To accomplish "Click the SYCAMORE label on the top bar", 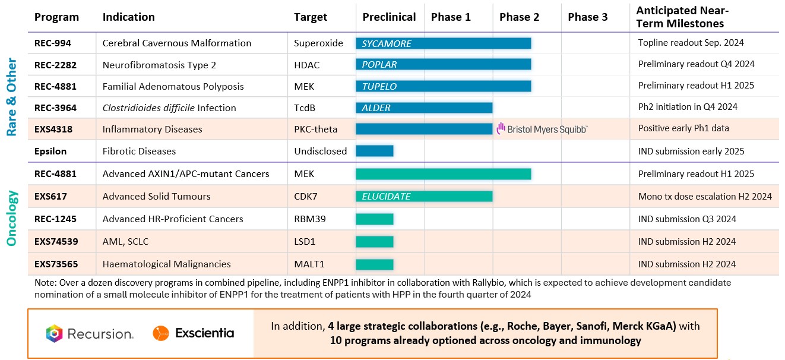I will [x=387, y=43].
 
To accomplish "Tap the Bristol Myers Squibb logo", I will [x=542, y=129].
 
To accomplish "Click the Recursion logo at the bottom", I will [x=90, y=334].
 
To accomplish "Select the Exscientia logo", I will [x=194, y=333].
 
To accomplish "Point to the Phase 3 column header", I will [x=587, y=17].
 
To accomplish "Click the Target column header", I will [x=311, y=17].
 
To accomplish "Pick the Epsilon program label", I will [x=50, y=151].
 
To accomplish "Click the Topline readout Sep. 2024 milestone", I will [x=691, y=43].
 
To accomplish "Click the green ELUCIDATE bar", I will [x=424, y=196].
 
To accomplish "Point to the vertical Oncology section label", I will [x=12, y=218].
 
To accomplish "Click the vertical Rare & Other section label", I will [x=12, y=97].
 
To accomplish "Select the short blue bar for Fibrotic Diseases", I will [x=374, y=151].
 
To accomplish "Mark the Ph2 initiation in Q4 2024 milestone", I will [x=688, y=107].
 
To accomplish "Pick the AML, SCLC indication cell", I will [x=128, y=241].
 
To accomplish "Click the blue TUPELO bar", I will [x=443, y=86].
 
